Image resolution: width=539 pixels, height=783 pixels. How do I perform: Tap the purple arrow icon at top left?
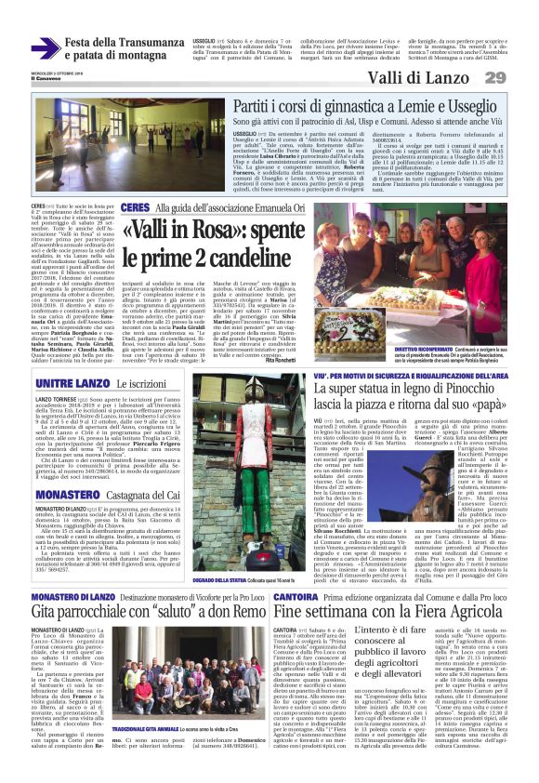46,49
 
